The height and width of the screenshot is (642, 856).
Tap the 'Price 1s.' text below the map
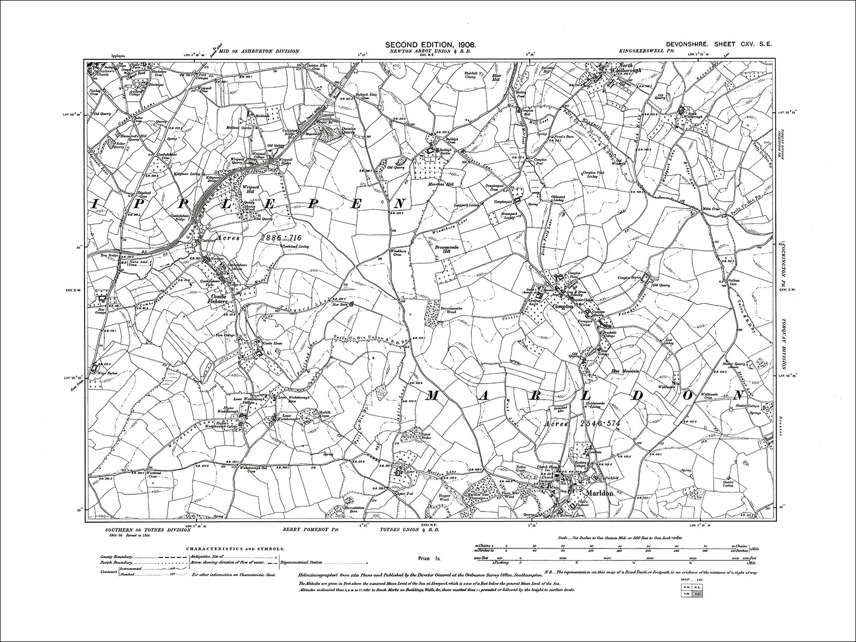point(429,559)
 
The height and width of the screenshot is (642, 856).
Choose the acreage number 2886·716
point(282,236)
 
